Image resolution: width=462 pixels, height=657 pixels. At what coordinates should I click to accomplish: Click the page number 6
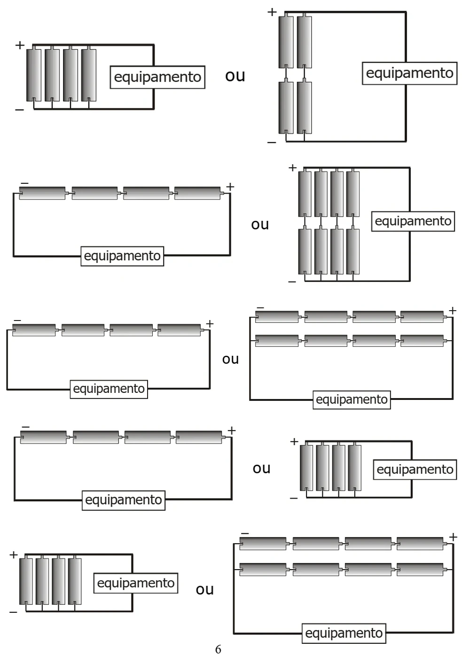pos(218,649)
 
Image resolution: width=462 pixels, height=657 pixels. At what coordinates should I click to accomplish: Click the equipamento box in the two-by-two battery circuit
pos(409,73)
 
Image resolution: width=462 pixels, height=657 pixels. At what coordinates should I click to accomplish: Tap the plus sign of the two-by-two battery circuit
pos(272,12)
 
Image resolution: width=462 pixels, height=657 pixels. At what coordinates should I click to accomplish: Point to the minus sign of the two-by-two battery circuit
pos(272,142)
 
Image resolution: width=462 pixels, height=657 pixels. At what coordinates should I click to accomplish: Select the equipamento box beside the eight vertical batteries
pos(413,221)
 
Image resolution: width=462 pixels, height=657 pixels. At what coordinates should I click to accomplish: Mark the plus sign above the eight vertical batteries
pos(292,168)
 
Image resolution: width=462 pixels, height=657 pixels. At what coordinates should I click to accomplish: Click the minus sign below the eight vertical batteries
pos(292,282)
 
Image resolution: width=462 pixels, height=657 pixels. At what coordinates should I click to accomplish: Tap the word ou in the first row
pos(235,76)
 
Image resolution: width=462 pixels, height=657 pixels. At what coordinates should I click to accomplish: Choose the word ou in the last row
pos(205,589)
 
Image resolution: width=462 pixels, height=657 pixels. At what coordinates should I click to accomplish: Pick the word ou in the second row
pos(260,225)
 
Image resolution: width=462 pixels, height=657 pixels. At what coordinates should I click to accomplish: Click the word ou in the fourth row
pos(261,469)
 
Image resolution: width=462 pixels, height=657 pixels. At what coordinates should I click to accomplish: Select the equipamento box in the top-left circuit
pos(157,77)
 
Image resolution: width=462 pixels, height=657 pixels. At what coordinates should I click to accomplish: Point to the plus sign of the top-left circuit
pos(20,45)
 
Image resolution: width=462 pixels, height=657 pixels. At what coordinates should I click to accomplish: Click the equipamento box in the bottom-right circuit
pos(344,633)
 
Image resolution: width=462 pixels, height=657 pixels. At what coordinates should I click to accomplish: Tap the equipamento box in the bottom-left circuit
pos(136,583)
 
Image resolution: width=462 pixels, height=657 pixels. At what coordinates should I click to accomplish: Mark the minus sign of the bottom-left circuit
pos(13,612)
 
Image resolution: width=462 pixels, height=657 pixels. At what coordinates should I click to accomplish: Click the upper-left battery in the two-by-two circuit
pos(286,42)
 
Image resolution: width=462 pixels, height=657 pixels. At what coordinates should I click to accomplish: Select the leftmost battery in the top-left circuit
pos(34,75)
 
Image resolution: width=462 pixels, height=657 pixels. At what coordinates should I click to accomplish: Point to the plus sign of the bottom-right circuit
pos(453,537)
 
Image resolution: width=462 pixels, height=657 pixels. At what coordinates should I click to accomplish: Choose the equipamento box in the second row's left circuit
pos(122,256)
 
